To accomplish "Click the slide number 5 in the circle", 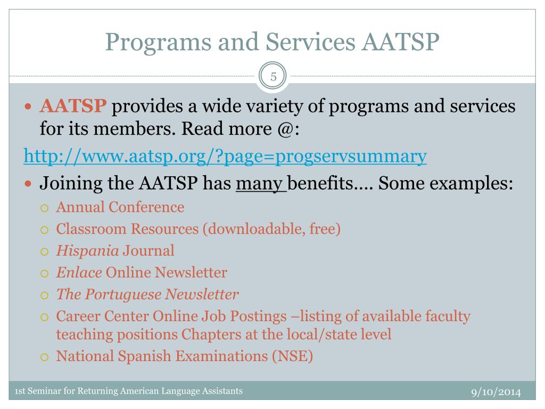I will coord(273,77).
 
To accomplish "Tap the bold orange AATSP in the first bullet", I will coord(73,107).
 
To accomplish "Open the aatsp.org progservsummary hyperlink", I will coord(225,157).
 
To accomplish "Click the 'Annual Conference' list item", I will coord(120,207).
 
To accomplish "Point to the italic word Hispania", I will coord(88,250).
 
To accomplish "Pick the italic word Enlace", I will coord(79,273).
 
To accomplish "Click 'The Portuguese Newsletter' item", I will coord(147,294).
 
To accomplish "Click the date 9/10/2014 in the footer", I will coord(496,392).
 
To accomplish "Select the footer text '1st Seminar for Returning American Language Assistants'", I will coord(128,391).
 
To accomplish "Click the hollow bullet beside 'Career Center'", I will coord(45,317).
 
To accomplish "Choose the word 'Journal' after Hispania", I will coord(148,250).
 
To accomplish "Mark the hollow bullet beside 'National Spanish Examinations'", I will coord(45,356).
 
